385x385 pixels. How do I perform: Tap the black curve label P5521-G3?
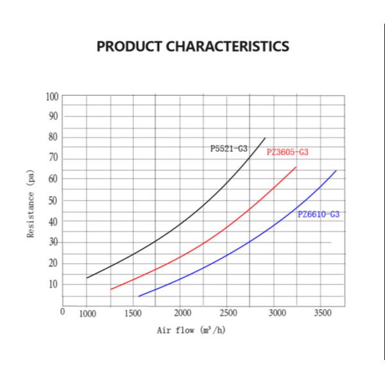point(228,149)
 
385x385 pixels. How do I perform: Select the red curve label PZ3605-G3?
point(287,153)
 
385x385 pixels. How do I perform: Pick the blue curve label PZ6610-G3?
point(318,214)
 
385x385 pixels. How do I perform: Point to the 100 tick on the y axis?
point(51,97)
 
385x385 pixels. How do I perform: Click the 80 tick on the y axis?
point(53,137)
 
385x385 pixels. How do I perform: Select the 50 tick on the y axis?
point(53,200)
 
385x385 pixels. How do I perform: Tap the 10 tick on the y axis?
point(53,284)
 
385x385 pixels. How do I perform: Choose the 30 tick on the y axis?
point(53,242)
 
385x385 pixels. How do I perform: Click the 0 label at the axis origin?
point(62,312)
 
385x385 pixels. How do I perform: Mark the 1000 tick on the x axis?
point(87,314)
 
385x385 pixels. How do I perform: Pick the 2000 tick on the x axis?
point(182,314)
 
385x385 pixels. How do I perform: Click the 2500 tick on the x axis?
point(228,314)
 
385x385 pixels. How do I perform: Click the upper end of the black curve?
point(265,138)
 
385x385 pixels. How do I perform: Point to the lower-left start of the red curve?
point(111,289)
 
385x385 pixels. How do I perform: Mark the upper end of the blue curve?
point(336,171)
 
